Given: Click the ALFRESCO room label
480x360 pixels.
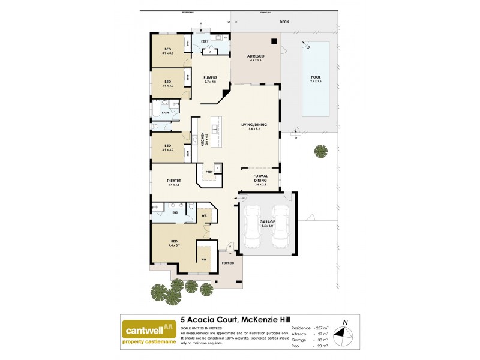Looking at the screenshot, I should tap(256, 56).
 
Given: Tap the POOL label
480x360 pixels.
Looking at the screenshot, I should tap(316, 77).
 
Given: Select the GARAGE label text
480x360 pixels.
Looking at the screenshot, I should tap(267, 221).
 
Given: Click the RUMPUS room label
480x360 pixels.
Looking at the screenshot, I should tap(210, 77).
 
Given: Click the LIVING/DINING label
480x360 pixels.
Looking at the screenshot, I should tap(254, 125).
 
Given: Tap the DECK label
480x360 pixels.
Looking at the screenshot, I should tap(284, 23).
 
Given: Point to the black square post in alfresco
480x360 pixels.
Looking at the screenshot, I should tap(274, 42).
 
